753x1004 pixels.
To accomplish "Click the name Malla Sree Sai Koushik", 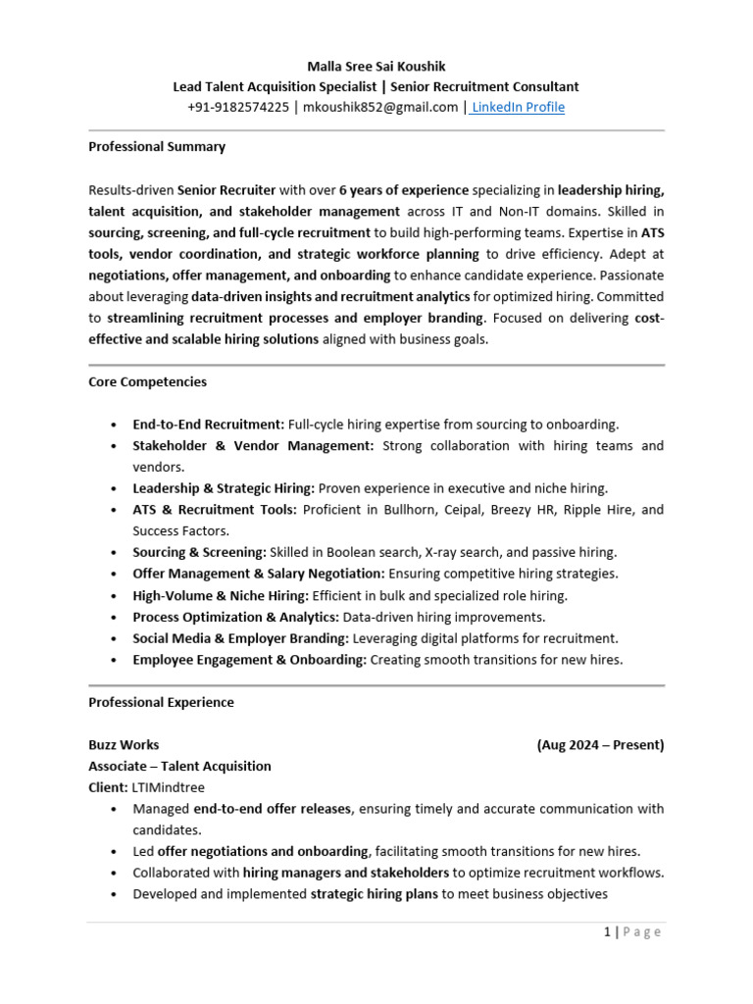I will tap(376, 66).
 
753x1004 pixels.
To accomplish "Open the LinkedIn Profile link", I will tap(519, 107).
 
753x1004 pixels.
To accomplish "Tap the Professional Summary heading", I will tap(157, 146).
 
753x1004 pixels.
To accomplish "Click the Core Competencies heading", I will tap(147, 381).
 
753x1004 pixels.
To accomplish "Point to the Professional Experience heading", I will tap(161, 702).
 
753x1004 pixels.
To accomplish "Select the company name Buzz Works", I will tap(124, 744).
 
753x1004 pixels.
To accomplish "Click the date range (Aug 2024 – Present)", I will tap(600, 744).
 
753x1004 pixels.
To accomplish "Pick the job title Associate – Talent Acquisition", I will tap(179, 766).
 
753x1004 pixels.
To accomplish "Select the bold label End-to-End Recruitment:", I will tap(208, 425).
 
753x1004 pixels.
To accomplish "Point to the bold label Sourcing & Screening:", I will tap(199, 552).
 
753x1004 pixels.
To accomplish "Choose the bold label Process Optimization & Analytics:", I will tap(236, 617).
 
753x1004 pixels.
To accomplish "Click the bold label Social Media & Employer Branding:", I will tap(240, 638).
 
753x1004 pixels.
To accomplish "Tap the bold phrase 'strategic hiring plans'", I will tap(375, 893).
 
